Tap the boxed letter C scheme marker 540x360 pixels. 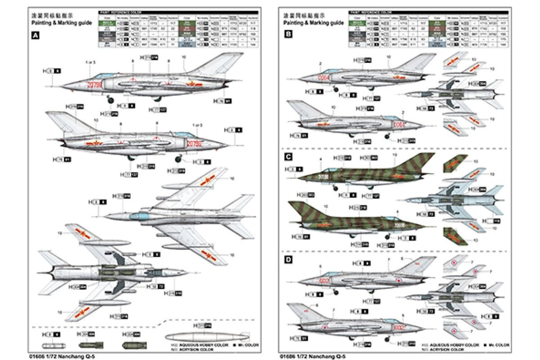288,157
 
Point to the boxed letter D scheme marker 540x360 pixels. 288,260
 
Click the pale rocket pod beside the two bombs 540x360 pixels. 53,346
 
